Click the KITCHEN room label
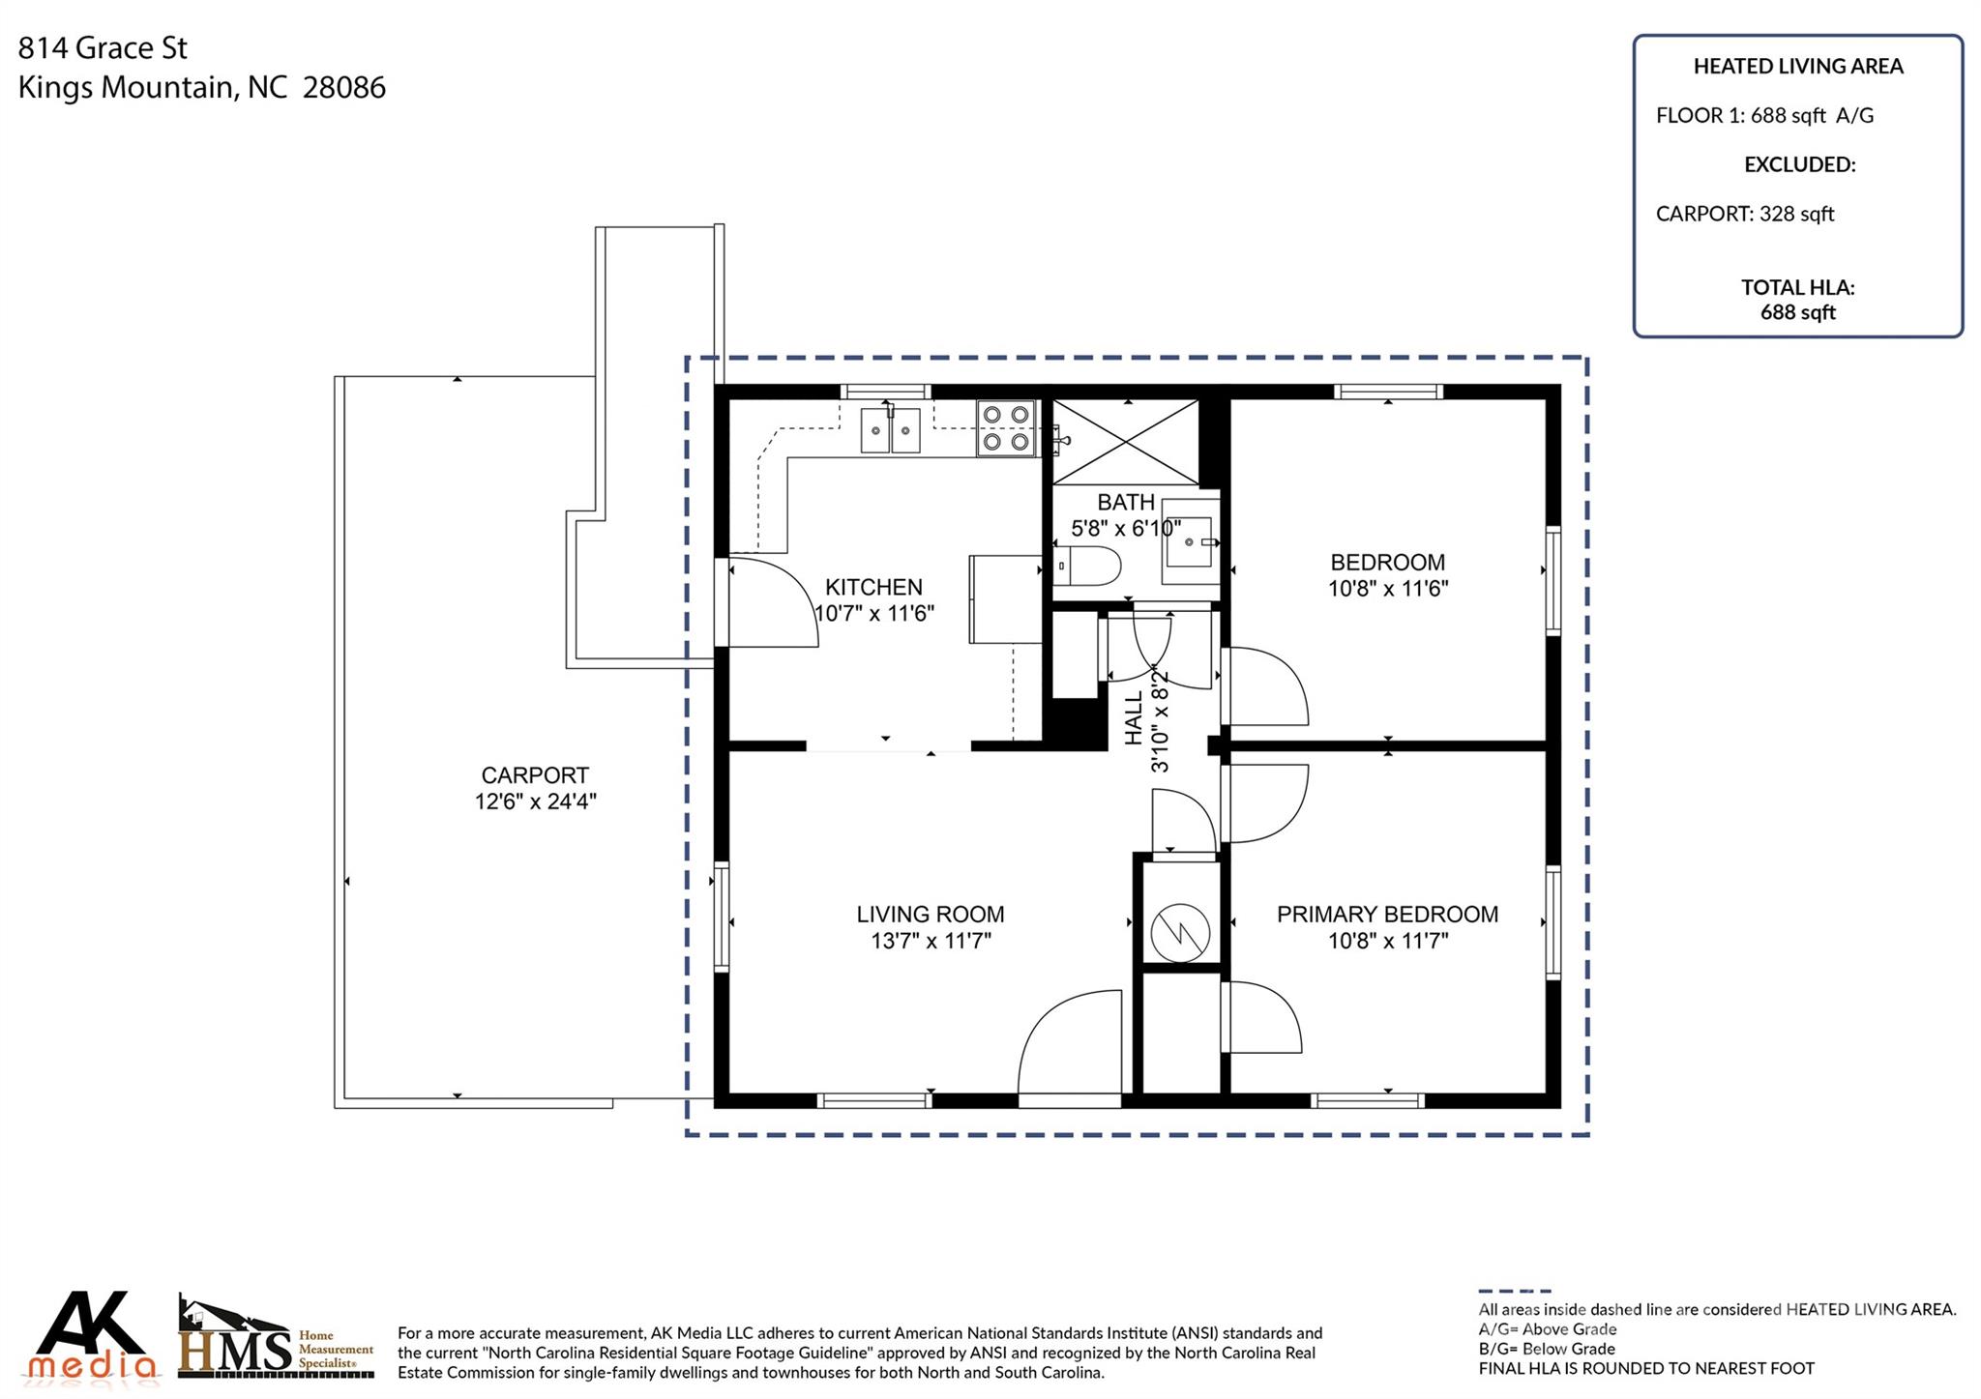point(873,587)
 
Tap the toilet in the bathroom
point(1088,566)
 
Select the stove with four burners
point(1005,428)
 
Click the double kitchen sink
point(890,429)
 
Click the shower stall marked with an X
point(1125,442)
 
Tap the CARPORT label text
point(535,775)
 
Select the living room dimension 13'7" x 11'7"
point(931,941)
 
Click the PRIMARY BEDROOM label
point(1387,915)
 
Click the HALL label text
point(1135,717)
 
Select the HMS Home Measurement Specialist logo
point(276,1338)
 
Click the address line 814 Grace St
point(103,47)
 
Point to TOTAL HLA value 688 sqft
point(1797,312)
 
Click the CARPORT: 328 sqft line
point(1744,214)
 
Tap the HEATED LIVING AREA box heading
point(1797,67)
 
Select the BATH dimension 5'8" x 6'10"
point(1125,529)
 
